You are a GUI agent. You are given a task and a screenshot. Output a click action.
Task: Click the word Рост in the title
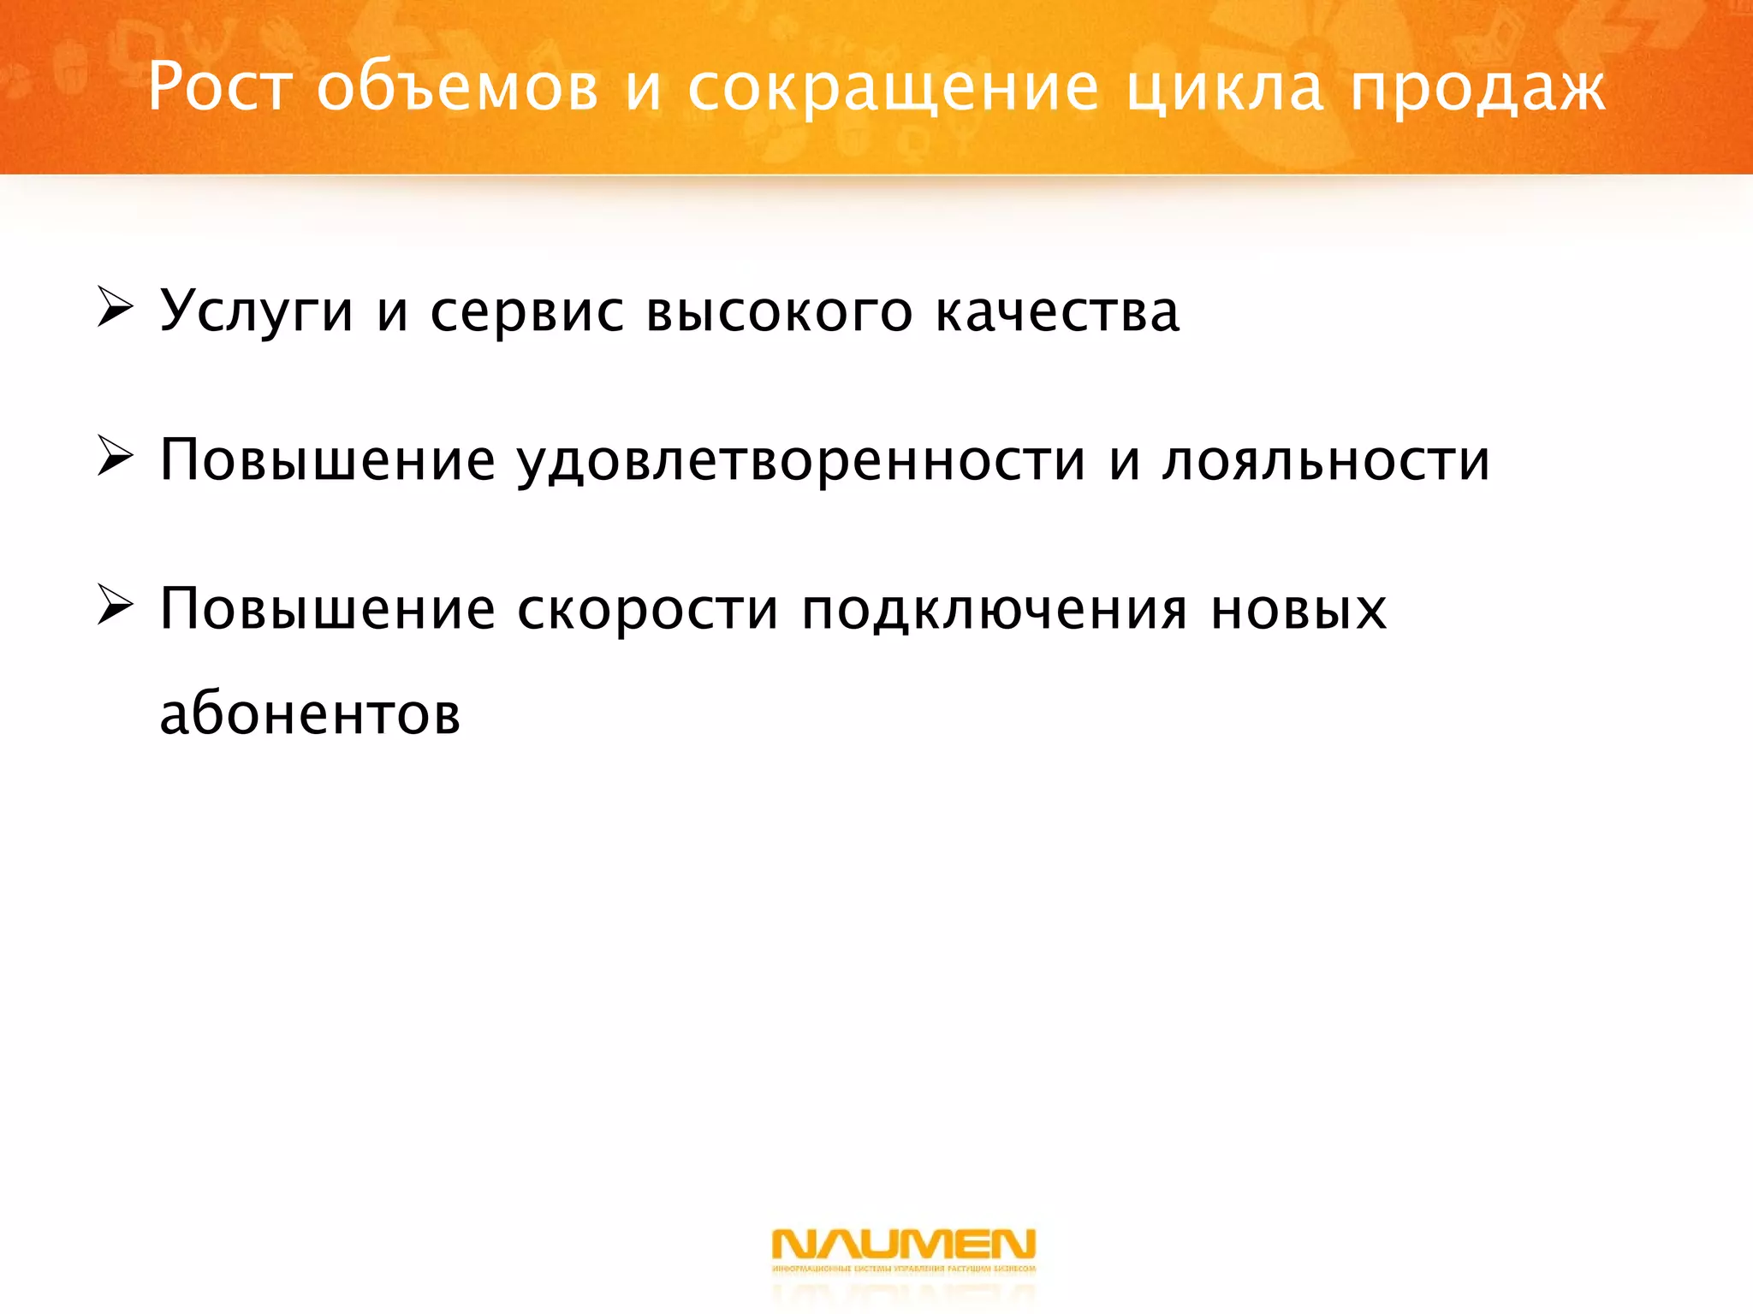coord(219,87)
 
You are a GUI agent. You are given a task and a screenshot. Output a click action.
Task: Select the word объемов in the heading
coord(457,87)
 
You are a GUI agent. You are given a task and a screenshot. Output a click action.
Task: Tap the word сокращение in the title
coord(893,89)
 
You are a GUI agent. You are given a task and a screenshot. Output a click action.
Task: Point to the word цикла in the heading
coord(1224,89)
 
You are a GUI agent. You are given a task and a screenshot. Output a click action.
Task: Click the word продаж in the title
coord(1477,89)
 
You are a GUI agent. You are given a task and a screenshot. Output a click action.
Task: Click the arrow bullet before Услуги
coord(115,308)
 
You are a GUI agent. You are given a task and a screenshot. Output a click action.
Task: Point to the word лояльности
coord(1326,460)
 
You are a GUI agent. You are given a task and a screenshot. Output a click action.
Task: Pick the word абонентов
coord(310,713)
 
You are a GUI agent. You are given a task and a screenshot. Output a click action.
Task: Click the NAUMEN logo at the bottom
coord(903,1244)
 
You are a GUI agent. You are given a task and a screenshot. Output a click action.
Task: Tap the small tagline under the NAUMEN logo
coord(903,1269)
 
